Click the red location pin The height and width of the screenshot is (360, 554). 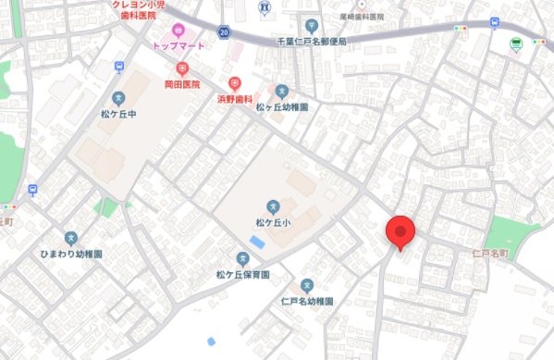pyautogui.click(x=400, y=230)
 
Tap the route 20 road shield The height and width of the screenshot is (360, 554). pyautogui.click(x=224, y=31)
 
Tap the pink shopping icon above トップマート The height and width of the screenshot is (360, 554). pyautogui.click(x=179, y=31)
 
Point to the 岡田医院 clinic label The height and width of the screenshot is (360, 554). pyautogui.click(x=182, y=84)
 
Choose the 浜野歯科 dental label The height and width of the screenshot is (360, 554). pyautogui.click(x=235, y=98)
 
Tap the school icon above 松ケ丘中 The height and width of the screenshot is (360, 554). pyautogui.click(x=118, y=98)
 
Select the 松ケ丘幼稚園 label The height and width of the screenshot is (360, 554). pyautogui.click(x=282, y=106)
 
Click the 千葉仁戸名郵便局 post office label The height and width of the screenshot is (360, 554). pyautogui.click(x=311, y=42)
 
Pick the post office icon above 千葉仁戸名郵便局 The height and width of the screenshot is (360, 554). pyautogui.click(x=311, y=26)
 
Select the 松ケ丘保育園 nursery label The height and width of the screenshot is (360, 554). pyautogui.click(x=243, y=275)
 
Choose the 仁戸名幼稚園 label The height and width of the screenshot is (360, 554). pyautogui.click(x=306, y=302)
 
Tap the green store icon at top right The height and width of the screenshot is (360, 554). pyautogui.click(x=516, y=43)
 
